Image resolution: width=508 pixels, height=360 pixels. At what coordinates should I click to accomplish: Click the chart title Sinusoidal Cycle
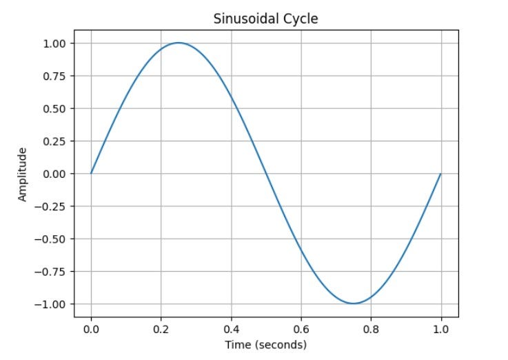[x=265, y=19]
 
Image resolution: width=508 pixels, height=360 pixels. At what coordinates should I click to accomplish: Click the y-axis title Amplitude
[x=23, y=174]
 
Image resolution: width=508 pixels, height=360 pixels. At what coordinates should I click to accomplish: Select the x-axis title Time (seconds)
[x=265, y=344]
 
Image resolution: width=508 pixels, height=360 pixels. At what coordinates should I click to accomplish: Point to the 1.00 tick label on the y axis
[x=54, y=43]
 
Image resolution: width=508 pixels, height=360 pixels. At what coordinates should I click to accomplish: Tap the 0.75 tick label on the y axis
[x=54, y=76]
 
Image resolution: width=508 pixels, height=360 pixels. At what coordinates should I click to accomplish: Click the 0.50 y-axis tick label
[x=54, y=109]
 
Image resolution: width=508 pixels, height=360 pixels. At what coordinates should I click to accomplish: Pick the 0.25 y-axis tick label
[x=54, y=141]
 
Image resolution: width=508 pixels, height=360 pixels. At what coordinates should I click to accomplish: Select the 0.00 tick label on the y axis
[x=54, y=174]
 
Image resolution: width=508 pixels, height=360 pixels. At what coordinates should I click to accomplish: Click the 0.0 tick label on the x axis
[x=91, y=329]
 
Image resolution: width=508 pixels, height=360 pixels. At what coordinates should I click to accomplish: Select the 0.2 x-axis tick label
[x=161, y=329]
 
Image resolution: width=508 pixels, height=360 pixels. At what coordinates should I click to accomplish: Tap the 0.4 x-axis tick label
[x=231, y=329]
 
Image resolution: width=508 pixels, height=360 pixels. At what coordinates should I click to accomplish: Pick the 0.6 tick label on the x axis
[x=301, y=329]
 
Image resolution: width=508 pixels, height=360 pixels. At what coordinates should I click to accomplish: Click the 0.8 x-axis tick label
[x=371, y=329]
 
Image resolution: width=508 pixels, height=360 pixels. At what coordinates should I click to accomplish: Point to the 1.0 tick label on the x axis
[x=440, y=329]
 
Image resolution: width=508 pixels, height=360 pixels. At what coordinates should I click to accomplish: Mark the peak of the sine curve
[x=179, y=43]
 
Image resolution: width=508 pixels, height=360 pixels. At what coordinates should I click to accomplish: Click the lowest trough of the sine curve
[x=354, y=303]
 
